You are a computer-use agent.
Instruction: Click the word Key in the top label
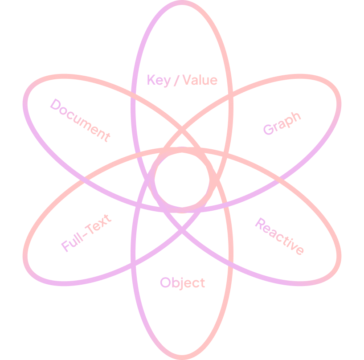(159, 81)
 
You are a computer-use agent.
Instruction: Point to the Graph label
(282, 123)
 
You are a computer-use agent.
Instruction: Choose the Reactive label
(279, 237)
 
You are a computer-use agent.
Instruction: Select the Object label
(182, 283)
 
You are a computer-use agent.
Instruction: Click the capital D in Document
(56, 106)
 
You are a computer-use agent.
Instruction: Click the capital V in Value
(187, 80)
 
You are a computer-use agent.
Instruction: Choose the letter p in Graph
(289, 121)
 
